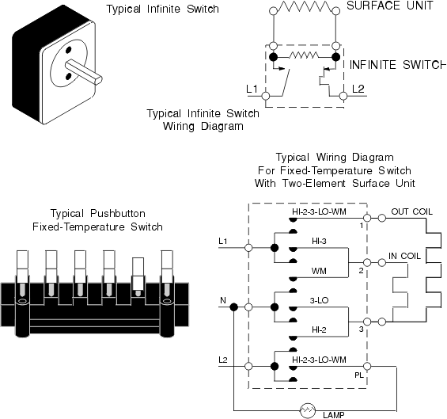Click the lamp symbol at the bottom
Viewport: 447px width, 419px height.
click(308, 411)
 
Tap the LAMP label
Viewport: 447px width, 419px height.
click(334, 415)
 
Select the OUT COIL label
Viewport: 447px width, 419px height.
click(411, 211)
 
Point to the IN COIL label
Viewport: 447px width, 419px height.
click(404, 256)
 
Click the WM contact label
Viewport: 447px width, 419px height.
click(319, 271)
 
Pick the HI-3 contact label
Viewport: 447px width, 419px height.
click(319, 242)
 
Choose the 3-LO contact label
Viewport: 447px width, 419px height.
click(319, 300)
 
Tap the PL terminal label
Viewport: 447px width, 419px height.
click(359, 375)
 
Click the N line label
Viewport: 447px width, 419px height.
click(223, 300)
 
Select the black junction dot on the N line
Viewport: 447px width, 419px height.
click(233, 307)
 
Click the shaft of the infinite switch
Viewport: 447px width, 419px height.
click(83, 73)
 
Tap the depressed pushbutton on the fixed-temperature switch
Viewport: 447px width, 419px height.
click(138, 276)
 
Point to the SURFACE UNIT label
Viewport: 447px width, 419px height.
click(390, 6)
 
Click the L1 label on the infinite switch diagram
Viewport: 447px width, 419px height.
click(252, 90)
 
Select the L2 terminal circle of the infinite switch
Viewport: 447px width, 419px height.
click(343, 96)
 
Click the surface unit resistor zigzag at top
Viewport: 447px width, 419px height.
click(305, 7)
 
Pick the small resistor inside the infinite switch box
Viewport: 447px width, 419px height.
click(304, 55)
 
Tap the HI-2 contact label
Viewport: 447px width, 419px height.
click(319, 330)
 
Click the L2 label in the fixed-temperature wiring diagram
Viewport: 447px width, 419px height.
click(223, 360)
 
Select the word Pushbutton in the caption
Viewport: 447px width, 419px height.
click(118, 214)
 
